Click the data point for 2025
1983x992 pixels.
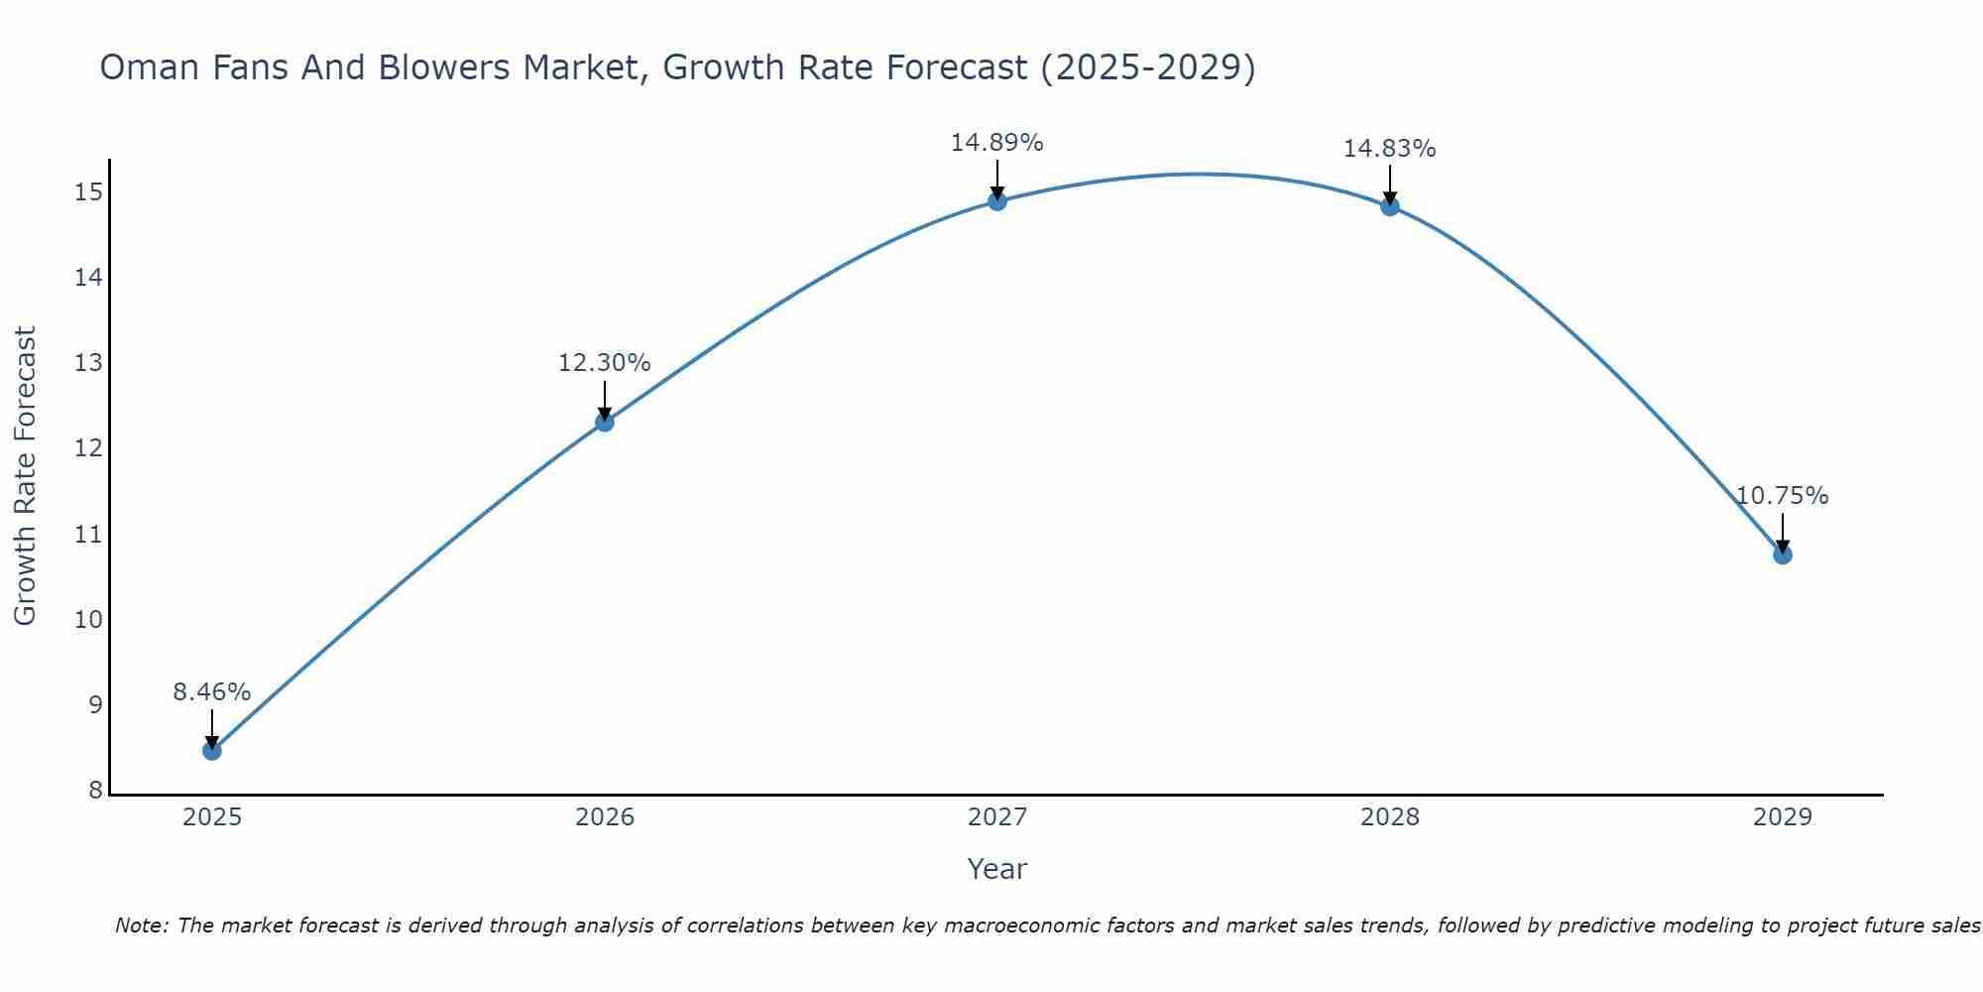pyautogui.click(x=211, y=750)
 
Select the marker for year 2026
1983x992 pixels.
pyautogui.click(x=604, y=422)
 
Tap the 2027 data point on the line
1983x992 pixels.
pyautogui.click(x=996, y=201)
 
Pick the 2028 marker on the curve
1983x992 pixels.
pyautogui.click(x=1389, y=206)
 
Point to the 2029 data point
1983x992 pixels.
pyautogui.click(x=1782, y=555)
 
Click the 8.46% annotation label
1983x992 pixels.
pyautogui.click(x=211, y=692)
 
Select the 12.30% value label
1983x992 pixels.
pyautogui.click(x=604, y=363)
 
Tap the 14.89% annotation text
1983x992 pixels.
pyautogui.click(x=996, y=143)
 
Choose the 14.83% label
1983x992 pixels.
pyautogui.click(x=1389, y=149)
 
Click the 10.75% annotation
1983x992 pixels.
pyautogui.click(x=1782, y=496)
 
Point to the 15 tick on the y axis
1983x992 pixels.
pyautogui.click(x=88, y=192)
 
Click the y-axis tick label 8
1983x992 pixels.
pyautogui.click(x=95, y=791)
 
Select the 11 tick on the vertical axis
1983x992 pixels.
pyautogui.click(x=88, y=535)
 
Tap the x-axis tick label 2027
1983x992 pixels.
pyautogui.click(x=996, y=817)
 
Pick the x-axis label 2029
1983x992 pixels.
pyautogui.click(x=1782, y=817)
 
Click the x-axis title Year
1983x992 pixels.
pyautogui.click(x=996, y=869)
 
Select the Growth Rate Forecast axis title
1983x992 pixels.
pyautogui.click(x=25, y=476)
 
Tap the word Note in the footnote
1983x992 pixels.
pyautogui.click(x=142, y=926)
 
